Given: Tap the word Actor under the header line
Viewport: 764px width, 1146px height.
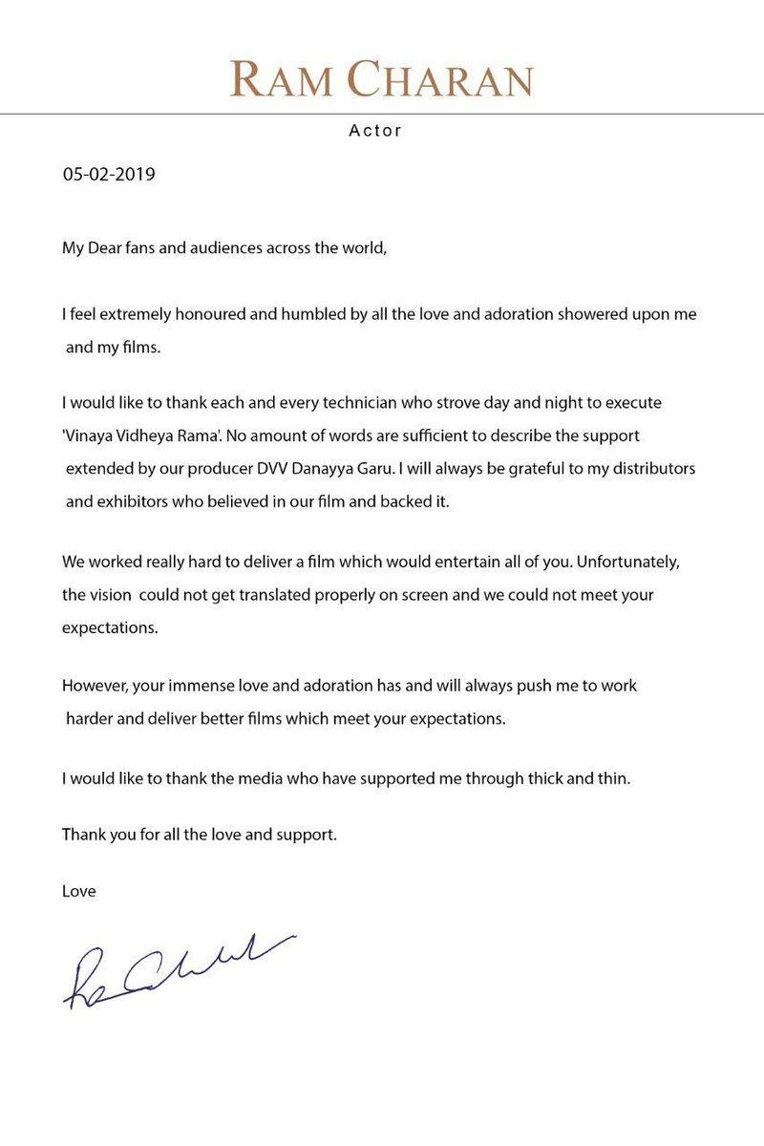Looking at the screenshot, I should [x=375, y=131].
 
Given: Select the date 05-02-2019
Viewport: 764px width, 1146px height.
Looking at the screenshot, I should [x=109, y=175].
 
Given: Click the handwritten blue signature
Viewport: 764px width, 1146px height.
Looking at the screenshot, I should [x=177, y=970].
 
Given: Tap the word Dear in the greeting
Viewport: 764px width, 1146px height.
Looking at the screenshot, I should [x=106, y=249].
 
